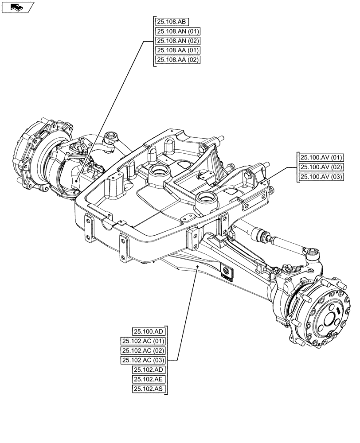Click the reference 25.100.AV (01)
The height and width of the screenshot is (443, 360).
coord(321,158)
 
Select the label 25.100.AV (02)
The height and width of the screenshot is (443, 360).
coord(321,167)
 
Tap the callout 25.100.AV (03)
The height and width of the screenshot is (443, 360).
coord(321,177)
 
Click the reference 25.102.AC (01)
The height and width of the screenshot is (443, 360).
coord(143,341)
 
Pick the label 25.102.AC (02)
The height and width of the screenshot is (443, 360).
coord(143,351)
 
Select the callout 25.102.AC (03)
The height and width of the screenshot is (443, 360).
coord(143,360)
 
